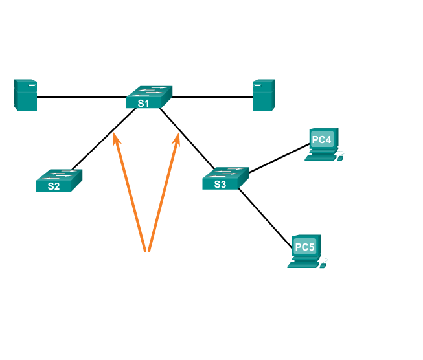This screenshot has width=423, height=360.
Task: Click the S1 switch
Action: point(149,96)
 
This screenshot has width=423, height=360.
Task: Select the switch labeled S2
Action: point(59,179)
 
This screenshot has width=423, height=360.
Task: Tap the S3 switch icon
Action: point(225,178)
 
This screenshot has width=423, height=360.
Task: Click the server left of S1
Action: point(26,95)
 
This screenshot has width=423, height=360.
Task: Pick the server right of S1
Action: point(264,95)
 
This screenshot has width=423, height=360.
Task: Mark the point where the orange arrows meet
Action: point(148,250)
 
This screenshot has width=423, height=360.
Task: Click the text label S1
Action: point(143,103)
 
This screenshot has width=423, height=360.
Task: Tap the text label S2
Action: point(53,186)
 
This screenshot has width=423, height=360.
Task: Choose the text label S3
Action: point(220,185)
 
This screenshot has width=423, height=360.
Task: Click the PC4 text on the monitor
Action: point(321,139)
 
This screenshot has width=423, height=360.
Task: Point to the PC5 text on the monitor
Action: point(304,247)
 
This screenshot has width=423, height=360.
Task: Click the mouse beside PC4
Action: point(340,155)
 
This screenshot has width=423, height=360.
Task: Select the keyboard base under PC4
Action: point(319,157)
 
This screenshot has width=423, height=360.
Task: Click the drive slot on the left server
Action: point(32,84)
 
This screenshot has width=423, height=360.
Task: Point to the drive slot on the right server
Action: point(257,84)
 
